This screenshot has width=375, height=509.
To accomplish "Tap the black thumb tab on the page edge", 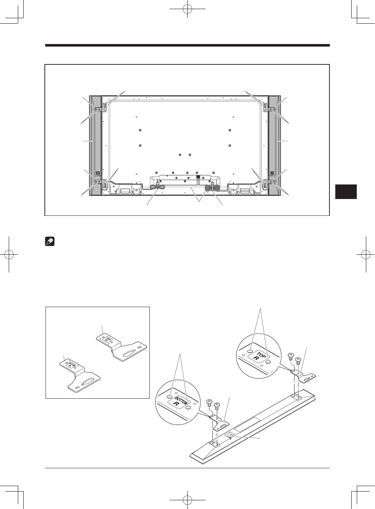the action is (346, 192).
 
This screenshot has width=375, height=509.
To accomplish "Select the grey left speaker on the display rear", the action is (95, 146).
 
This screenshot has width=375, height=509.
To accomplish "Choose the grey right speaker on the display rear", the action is (274, 146).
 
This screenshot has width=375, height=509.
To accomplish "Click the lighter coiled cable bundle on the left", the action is (157, 187).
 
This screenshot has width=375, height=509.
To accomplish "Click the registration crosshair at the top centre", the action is (187, 9).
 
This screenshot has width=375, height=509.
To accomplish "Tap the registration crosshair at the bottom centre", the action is (187, 500).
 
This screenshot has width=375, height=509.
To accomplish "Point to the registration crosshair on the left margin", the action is (9, 255).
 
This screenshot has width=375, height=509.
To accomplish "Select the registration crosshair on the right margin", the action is (366, 255).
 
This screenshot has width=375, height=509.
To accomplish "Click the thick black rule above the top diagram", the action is (187, 45).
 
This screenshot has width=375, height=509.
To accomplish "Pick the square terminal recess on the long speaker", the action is (230, 434).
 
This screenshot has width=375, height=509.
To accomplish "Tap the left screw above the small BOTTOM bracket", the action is (209, 404).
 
